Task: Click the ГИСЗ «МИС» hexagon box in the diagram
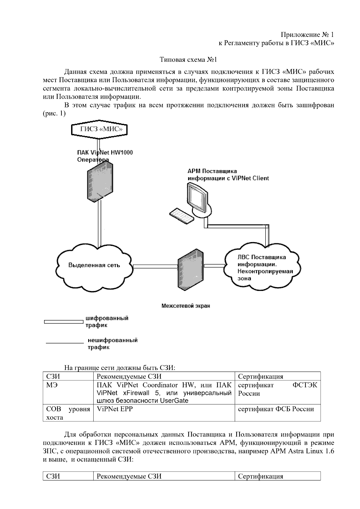coord(99,130)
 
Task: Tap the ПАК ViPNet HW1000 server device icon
coord(100,181)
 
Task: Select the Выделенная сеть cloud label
coord(94,265)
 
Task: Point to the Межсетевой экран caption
coord(186,306)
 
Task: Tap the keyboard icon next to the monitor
coord(181,215)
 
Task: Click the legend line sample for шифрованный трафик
coord(63,322)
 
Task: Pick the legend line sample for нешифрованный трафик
coord(64,343)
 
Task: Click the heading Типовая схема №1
coord(188,60)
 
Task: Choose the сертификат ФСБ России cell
coord(276,409)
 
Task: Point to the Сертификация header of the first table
coord(260,376)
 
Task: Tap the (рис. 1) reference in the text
coord(54,114)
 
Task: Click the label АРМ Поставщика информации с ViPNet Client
coord(228,175)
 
